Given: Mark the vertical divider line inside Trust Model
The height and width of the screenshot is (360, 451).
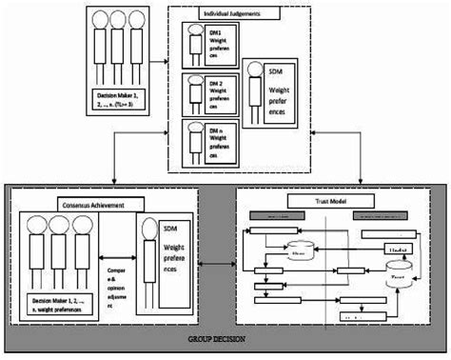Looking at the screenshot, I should coord(327,267).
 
